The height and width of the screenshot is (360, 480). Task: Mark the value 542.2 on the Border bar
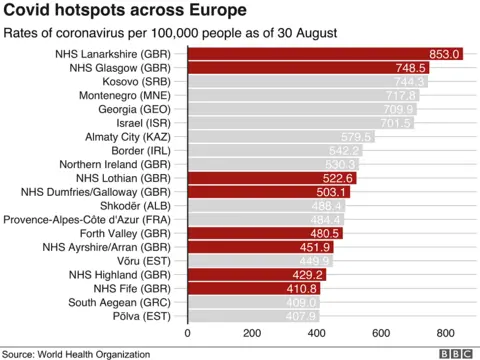coord(345,151)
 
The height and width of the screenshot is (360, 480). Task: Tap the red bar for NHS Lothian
coord(260,178)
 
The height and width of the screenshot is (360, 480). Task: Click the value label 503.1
coord(332,192)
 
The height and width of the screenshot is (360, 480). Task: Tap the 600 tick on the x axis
coord(381,333)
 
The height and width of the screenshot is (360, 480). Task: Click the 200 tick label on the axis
coord(252,333)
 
